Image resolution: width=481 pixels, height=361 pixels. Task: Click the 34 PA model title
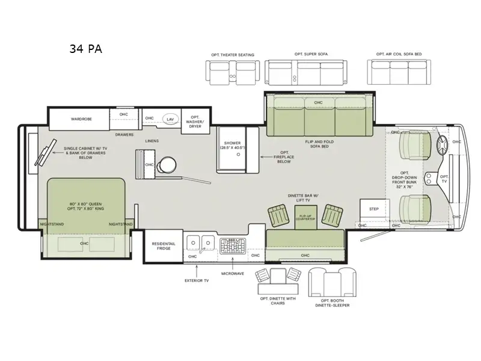[x=85, y=49]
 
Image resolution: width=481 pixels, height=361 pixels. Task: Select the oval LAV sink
[x=171, y=119]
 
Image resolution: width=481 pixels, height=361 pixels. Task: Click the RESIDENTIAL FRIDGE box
[x=162, y=246]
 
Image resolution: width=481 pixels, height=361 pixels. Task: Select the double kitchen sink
[x=201, y=242]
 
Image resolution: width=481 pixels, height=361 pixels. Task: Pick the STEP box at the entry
[x=373, y=209]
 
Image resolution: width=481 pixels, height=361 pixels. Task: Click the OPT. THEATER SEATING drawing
[x=232, y=72]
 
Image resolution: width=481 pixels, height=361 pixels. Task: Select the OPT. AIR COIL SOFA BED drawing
[x=399, y=72]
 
